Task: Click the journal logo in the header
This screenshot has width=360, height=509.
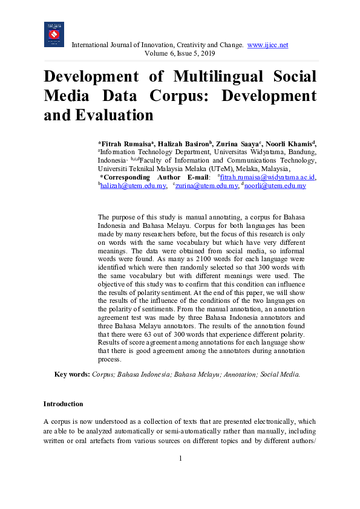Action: (54, 34)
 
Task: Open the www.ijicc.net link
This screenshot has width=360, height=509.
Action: (267, 45)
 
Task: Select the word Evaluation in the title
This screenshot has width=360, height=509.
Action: (114, 115)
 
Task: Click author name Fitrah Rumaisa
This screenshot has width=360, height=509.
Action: (125, 143)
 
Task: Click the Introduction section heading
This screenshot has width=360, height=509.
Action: (63, 404)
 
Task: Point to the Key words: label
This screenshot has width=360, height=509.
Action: (72, 375)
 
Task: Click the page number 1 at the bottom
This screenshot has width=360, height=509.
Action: (180, 458)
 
